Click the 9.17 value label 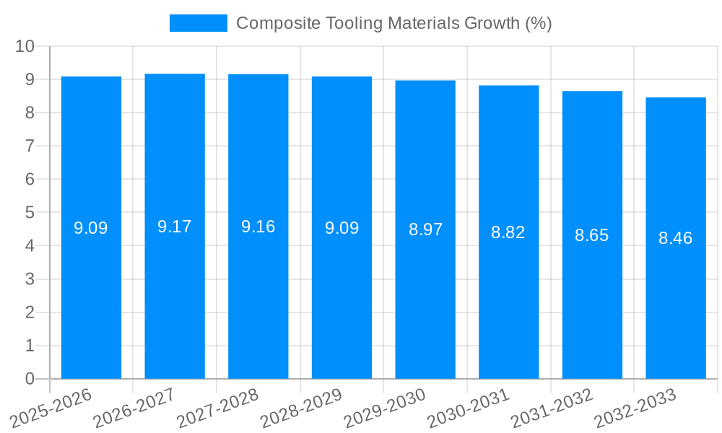click(175, 227)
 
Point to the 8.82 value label click(508, 232)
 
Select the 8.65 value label click(592, 235)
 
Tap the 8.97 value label click(425, 229)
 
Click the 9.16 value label click(258, 227)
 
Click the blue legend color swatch click(198, 23)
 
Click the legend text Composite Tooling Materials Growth click(393, 23)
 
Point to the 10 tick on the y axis click(25, 46)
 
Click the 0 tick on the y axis click(30, 379)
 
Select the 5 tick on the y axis click(30, 213)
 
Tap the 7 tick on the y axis click(30, 146)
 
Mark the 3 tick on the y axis click(30, 279)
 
